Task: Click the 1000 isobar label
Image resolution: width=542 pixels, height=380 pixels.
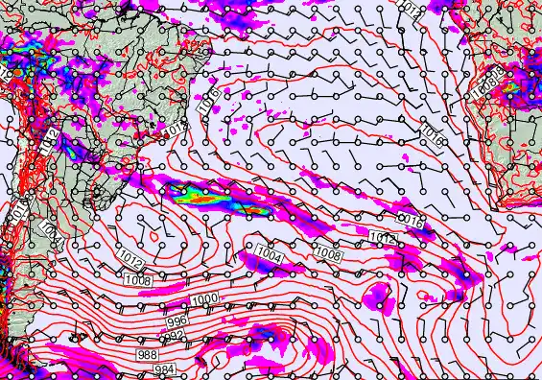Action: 203,300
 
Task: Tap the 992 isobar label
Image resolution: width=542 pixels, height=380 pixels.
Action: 175,336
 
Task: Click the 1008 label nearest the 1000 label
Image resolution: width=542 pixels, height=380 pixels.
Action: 137,280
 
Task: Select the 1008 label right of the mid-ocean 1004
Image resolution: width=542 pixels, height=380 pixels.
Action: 329,255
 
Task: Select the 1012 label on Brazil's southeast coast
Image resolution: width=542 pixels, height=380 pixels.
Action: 174,129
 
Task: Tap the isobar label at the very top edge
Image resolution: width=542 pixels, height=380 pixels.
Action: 410,9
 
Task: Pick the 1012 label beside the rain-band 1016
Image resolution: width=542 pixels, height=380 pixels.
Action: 382,237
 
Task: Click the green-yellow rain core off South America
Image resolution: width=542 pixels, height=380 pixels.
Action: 197,197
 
